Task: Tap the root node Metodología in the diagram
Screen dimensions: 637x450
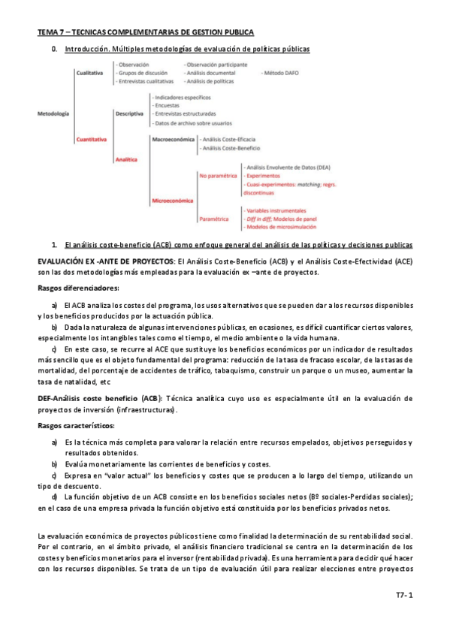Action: pos(53,113)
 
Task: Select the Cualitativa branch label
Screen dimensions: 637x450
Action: pos(89,74)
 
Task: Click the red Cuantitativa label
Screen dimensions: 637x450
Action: pos(92,140)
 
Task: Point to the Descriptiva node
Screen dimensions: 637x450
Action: pos(129,113)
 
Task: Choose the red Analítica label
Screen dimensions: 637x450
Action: pos(126,158)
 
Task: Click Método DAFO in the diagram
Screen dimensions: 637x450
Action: pos(280,74)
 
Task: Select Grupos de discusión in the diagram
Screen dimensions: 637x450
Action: pos(143,74)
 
